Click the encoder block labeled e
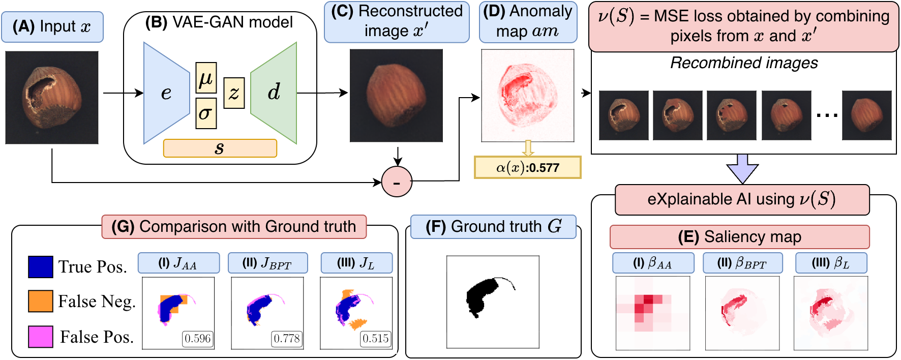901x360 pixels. pyautogui.click(x=166, y=93)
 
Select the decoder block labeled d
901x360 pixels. pyautogui.click(x=274, y=93)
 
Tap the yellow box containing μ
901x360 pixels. pyautogui.click(x=206, y=77)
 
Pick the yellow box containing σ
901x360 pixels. pyautogui.click(x=206, y=113)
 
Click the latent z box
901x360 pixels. pyautogui.click(x=234, y=93)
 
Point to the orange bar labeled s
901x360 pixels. pyautogui.click(x=220, y=148)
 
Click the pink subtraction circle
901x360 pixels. pyautogui.click(x=397, y=182)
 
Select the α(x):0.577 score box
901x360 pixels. pyautogui.click(x=528, y=167)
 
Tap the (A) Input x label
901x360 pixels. pyautogui.click(x=52, y=27)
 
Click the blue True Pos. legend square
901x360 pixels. pyautogui.click(x=40, y=267)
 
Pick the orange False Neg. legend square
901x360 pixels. pyautogui.click(x=40, y=301)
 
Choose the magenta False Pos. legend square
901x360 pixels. pyautogui.click(x=40, y=337)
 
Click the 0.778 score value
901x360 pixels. pyautogui.click(x=287, y=339)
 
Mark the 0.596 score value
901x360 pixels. pyautogui.click(x=198, y=339)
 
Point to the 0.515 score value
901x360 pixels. pyautogui.click(x=376, y=339)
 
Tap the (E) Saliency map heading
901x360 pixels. pyautogui.click(x=739, y=237)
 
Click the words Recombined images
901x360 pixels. pyautogui.click(x=743, y=63)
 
